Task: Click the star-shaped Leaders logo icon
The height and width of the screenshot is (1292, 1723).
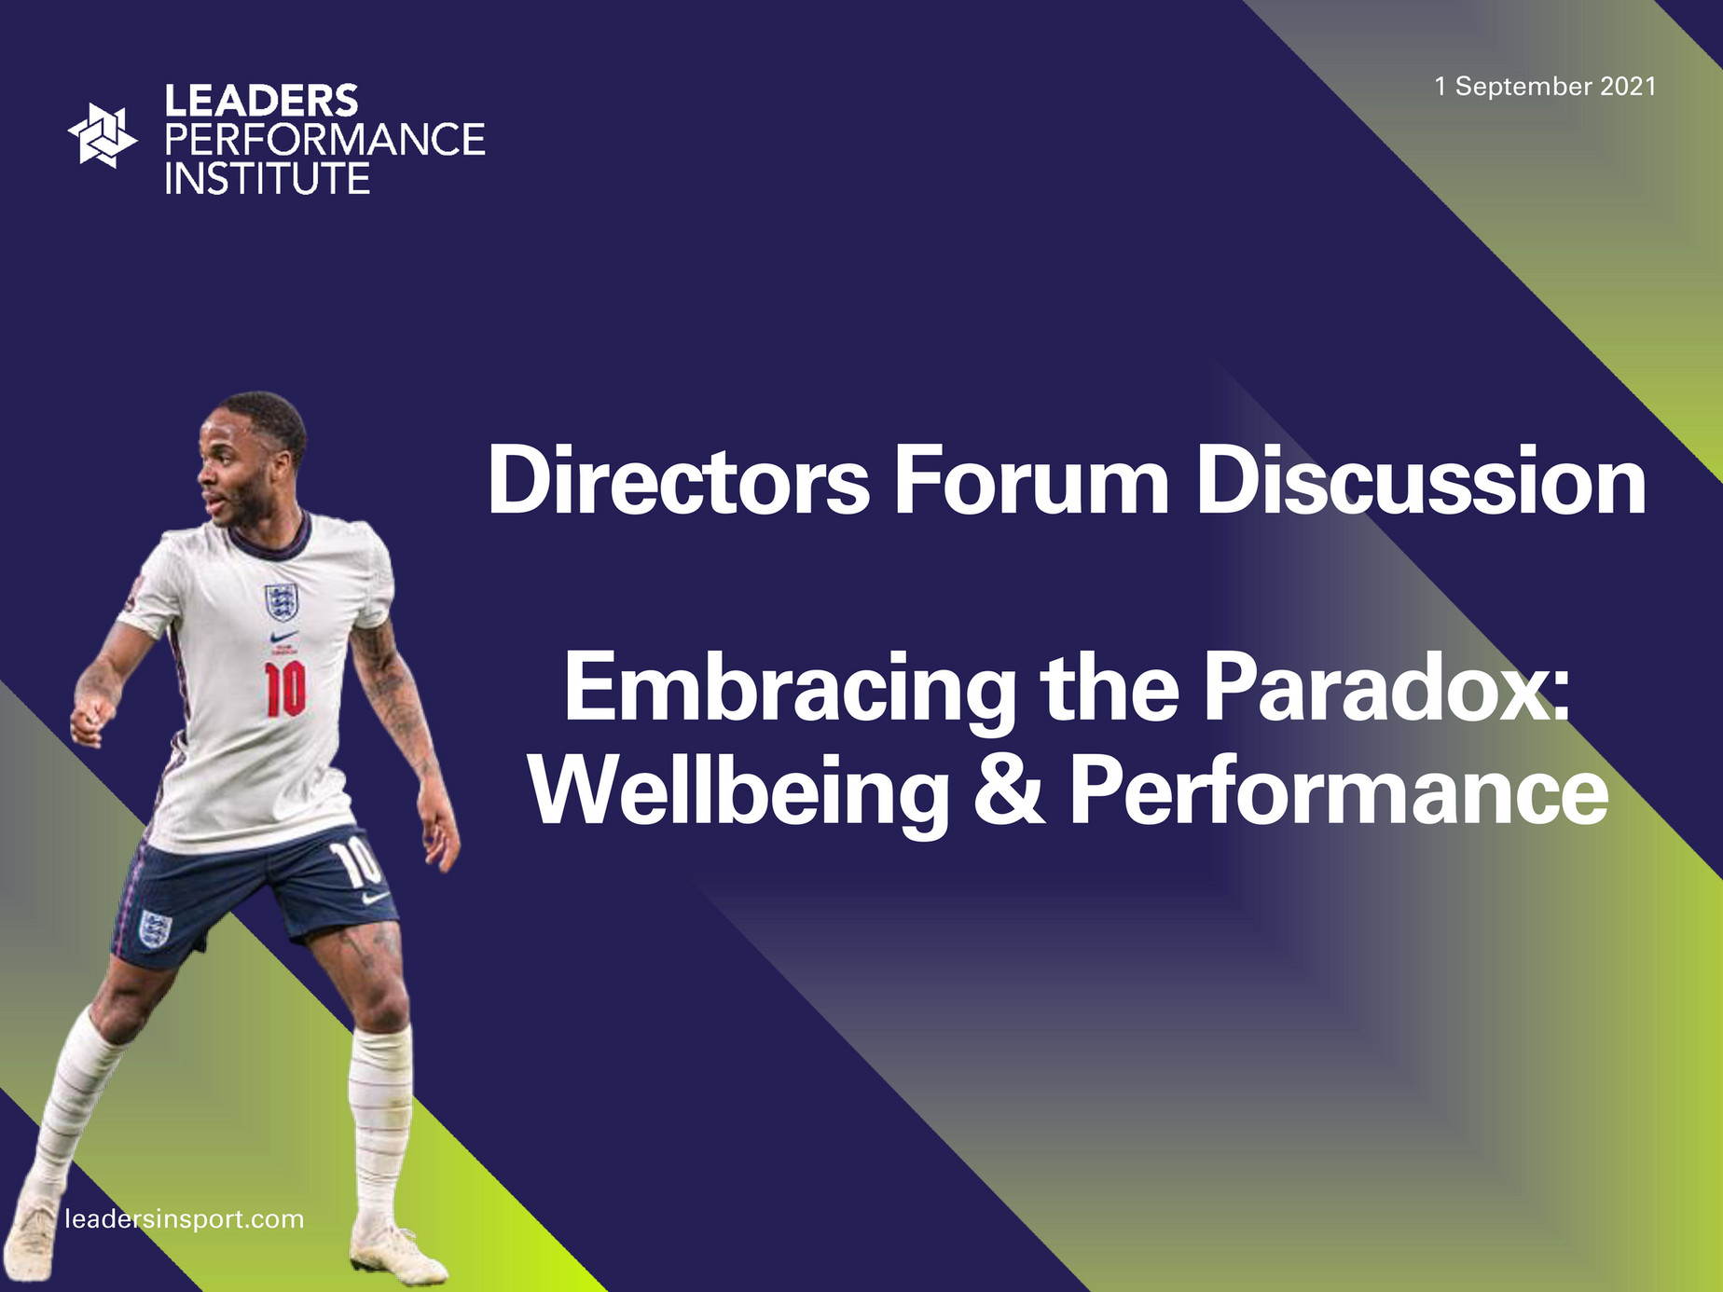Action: [x=102, y=136]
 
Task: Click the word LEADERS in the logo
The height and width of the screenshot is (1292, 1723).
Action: [x=261, y=101]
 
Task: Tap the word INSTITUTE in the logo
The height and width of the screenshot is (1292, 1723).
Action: [x=268, y=178]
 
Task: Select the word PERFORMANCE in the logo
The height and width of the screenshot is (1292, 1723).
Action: [x=324, y=140]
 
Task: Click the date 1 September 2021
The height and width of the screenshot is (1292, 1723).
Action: [x=1545, y=87]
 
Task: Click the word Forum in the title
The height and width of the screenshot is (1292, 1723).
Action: [x=1031, y=481]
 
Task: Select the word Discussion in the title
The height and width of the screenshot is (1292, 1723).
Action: [x=1422, y=481]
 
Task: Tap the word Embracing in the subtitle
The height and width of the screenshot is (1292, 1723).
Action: [x=790, y=690]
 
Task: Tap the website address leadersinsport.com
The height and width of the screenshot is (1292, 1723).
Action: [x=185, y=1219]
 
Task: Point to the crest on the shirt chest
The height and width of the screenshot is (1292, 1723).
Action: [x=281, y=602]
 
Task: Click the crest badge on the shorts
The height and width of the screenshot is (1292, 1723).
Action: [x=155, y=928]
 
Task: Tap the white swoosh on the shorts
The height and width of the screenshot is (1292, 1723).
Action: [x=375, y=898]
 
